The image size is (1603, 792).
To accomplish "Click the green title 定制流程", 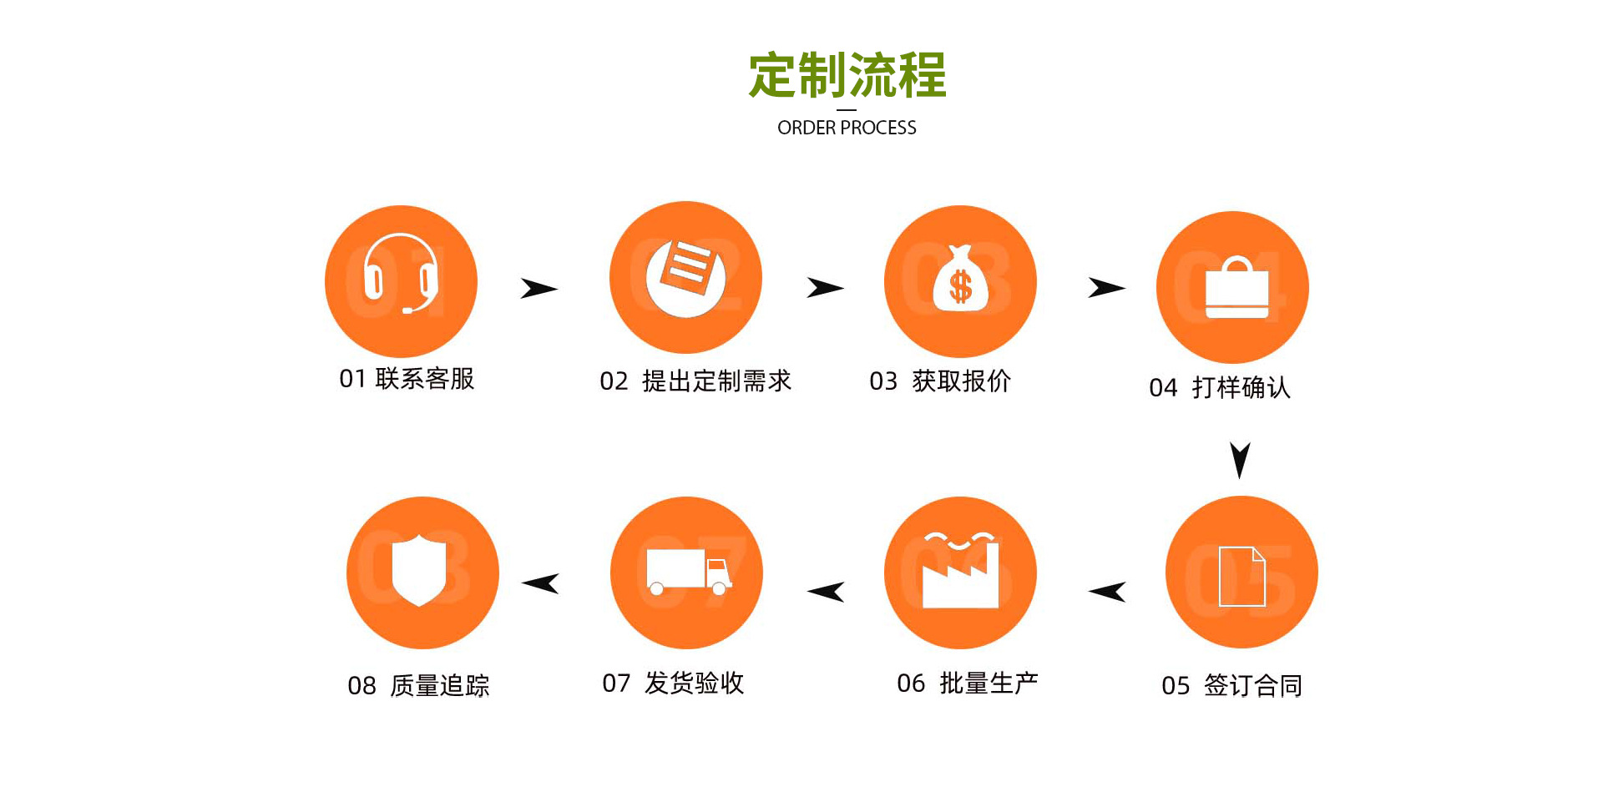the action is [847, 75].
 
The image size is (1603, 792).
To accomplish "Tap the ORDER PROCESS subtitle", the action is [847, 128].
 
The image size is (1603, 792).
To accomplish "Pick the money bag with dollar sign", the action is [960, 280].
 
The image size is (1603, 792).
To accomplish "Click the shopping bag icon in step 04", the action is [1236, 288].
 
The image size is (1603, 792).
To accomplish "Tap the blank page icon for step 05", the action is [1241, 576].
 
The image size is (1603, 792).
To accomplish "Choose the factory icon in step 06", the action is [960, 572].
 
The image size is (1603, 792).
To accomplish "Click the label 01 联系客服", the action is [407, 379].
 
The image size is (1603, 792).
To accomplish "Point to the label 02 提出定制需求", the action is [695, 381].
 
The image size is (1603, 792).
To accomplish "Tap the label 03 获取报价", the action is [940, 381].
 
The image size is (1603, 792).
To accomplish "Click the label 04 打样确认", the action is [1220, 387].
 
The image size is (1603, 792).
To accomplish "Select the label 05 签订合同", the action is [1231, 685].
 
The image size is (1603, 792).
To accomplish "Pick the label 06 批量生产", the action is [967, 683].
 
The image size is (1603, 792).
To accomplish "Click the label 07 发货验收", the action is [673, 683].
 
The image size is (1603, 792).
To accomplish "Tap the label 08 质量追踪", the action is [418, 685].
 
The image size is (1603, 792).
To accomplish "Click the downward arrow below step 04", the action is [1241, 459].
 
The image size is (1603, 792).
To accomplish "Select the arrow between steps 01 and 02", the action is [539, 289].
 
